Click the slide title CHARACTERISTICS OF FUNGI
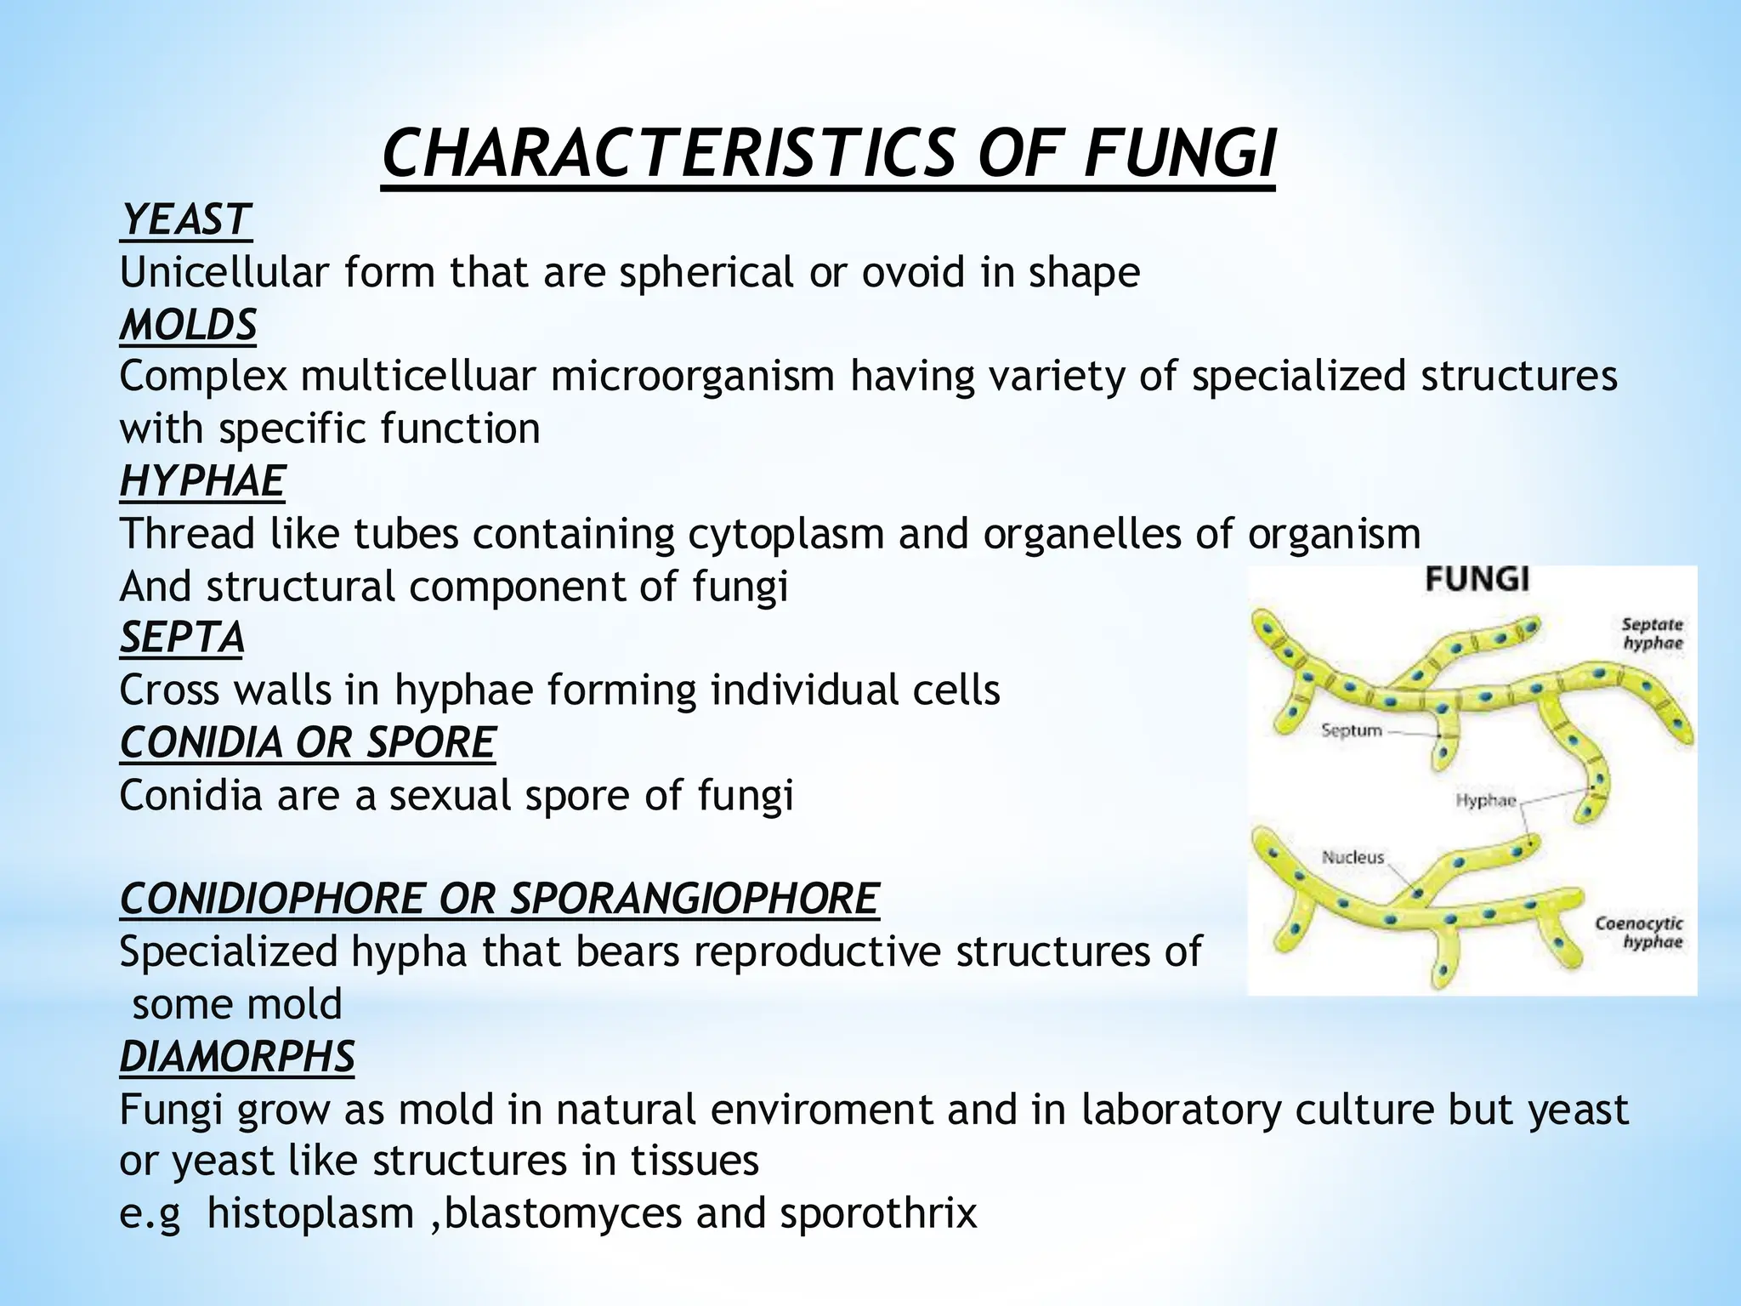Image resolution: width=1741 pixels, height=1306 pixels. pyautogui.click(x=829, y=154)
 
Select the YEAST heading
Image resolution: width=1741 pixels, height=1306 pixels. pyautogui.click(x=185, y=220)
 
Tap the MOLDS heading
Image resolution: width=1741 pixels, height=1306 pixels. pyautogui.click(x=188, y=325)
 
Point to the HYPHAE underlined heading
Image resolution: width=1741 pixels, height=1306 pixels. pyautogui.click(x=202, y=481)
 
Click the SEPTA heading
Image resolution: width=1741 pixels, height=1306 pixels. pyautogui.click(x=182, y=638)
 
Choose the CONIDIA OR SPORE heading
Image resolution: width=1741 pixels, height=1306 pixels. pyautogui.click(x=307, y=742)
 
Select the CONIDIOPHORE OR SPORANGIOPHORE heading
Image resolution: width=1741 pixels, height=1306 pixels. pyautogui.click(x=499, y=899)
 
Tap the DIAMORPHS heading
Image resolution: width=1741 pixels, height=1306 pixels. pyautogui.click(x=237, y=1057)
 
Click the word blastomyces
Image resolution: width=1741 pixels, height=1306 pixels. pyautogui.click(x=563, y=1213)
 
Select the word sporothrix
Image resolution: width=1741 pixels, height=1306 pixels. pyautogui.click(x=878, y=1213)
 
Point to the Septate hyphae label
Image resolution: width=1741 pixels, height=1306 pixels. pyautogui.click(x=1653, y=633)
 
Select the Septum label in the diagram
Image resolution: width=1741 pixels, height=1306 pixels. pyautogui.click(x=1352, y=730)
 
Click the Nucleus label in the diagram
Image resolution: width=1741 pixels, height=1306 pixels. pyautogui.click(x=1353, y=857)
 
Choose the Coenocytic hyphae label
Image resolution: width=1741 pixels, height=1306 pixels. pyautogui.click(x=1639, y=932)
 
